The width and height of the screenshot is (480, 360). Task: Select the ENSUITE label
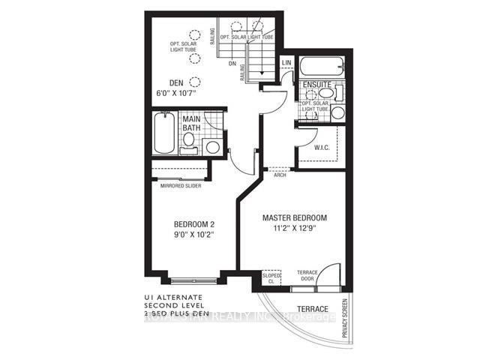(316, 85)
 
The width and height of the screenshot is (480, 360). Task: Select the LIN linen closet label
(286, 63)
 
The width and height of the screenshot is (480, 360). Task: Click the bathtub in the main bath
(163, 135)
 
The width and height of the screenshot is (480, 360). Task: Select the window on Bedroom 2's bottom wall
(193, 282)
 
